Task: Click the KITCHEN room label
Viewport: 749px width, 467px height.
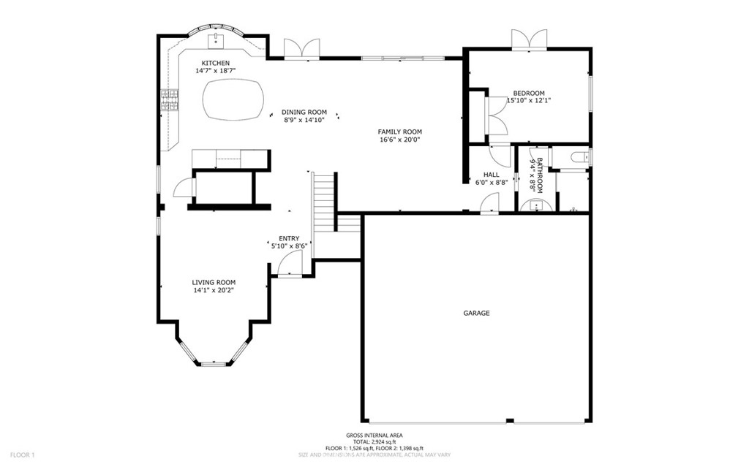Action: coord(216,63)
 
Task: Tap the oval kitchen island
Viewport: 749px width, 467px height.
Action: coord(233,99)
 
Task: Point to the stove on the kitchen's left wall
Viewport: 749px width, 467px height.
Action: coord(170,100)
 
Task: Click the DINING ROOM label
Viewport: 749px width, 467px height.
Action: coord(305,112)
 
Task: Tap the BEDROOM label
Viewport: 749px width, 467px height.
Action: coord(528,93)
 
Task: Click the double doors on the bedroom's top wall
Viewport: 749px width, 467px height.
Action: coord(529,40)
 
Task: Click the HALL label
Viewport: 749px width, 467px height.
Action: coord(491,175)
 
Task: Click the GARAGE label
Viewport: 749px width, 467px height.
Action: coord(476,313)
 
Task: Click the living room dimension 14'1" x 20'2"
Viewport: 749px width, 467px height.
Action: coord(214,290)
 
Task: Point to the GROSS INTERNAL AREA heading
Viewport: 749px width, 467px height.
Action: coord(374,436)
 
